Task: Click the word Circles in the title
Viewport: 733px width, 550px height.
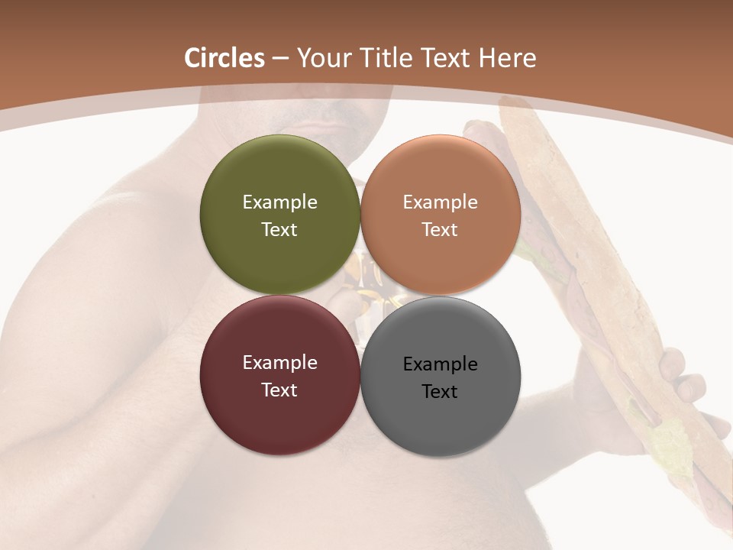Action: coord(224,58)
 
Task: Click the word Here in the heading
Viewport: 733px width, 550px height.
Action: coord(508,58)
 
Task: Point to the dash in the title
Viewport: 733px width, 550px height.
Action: coord(280,58)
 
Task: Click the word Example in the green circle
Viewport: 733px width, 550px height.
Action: coord(280,202)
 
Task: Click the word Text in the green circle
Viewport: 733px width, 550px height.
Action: coord(280,230)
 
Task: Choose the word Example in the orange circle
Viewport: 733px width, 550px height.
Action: coord(441,202)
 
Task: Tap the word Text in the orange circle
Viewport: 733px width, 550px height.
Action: coord(441,230)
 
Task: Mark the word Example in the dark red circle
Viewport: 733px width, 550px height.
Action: coord(280,362)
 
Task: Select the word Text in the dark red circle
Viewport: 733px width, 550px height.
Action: coord(280,390)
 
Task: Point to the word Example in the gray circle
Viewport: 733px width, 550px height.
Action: coord(441,364)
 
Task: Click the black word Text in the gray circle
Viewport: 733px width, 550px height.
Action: coord(441,392)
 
